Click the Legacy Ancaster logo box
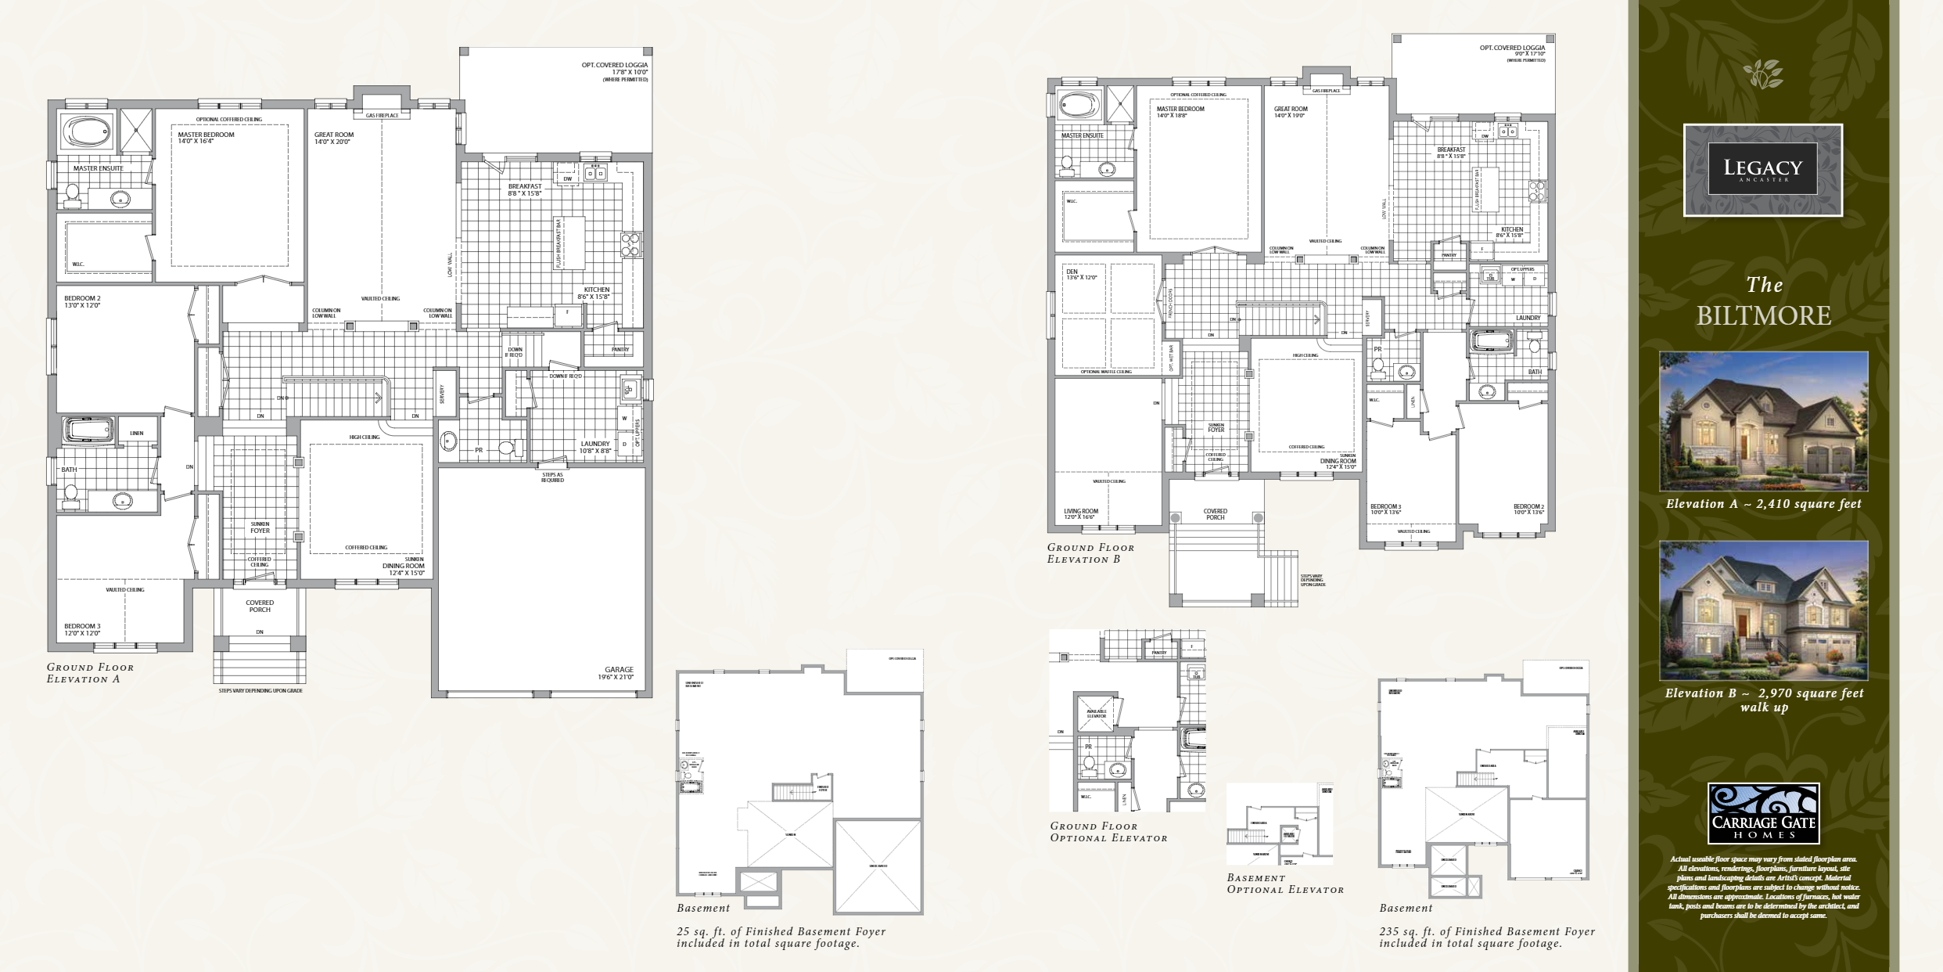[x=1762, y=170]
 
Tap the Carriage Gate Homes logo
[x=1764, y=813]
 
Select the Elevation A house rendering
[x=1764, y=421]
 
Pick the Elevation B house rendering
[x=1764, y=610]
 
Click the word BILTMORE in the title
[x=1764, y=315]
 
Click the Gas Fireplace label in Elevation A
[x=382, y=116]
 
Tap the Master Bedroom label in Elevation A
[x=206, y=135]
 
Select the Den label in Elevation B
[x=1072, y=272]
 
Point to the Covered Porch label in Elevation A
[x=260, y=606]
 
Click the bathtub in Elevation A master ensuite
[x=88, y=130]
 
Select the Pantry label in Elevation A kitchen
[x=620, y=349]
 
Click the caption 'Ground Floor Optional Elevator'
[x=1108, y=832]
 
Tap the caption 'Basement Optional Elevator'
[x=1284, y=884]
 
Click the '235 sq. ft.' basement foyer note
[x=1486, y=937]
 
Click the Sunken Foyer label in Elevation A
[x=260, y=527]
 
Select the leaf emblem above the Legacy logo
[x=1763, y=74]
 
